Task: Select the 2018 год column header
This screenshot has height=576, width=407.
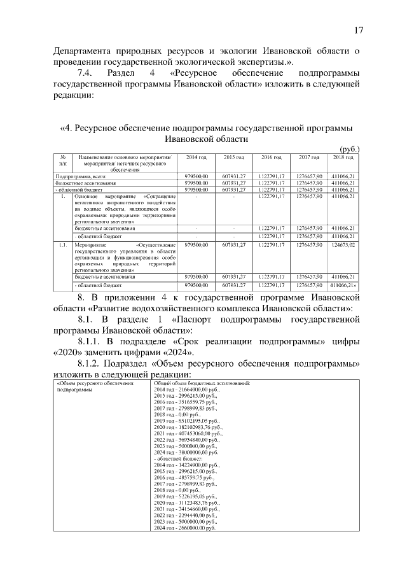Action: [x=343, y=157]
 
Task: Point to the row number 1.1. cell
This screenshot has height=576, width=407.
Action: [x=64, y=244]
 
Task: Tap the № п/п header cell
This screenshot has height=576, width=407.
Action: [x=64, y=160]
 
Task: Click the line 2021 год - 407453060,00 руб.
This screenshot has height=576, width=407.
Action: [x=188, y=433]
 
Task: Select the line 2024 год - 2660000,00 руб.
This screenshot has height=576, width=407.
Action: [x=185, y=528]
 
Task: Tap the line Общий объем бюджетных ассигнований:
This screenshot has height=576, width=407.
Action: [x=202, y=383]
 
